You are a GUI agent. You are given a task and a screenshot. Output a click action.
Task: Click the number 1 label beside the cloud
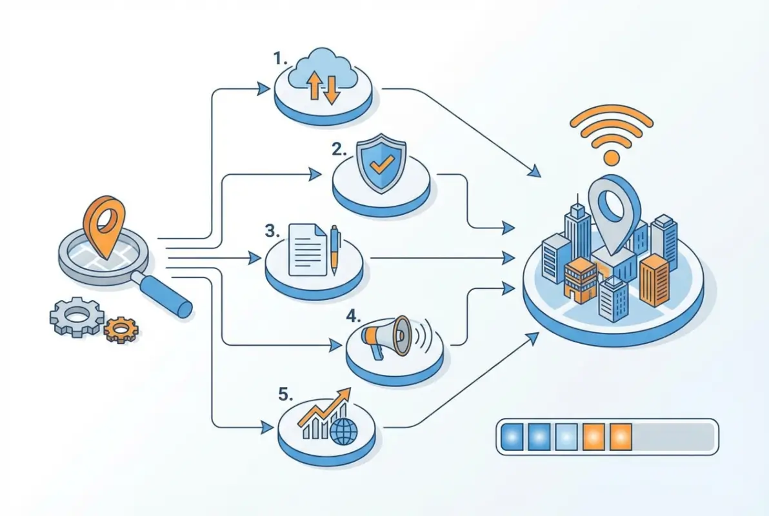coord(279,59)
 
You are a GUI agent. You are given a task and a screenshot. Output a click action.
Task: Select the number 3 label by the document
coord(272,231)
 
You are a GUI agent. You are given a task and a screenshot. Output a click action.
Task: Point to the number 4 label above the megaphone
coord(353,316)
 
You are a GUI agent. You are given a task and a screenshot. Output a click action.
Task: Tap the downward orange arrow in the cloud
coord(332,88)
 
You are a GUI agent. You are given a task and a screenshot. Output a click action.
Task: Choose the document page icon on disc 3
coord(306,249)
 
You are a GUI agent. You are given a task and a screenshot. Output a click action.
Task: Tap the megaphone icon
coord(388,335)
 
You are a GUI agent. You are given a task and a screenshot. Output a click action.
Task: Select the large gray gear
coord(77,316)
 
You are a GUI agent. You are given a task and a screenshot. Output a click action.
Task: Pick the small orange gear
coord(121,329)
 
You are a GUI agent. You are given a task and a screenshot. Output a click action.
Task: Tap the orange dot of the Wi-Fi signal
coord(610,157)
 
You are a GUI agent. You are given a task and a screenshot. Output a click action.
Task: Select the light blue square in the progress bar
coord(566,437)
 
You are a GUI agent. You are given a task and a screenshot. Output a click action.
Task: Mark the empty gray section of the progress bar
coord(672,437)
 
